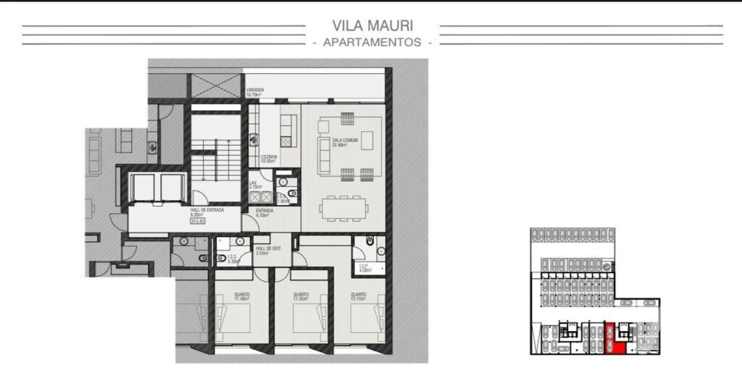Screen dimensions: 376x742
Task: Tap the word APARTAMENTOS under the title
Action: click(372, 43)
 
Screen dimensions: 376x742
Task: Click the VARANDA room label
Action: click(255, 92)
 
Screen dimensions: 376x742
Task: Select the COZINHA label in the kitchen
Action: click(269, 159)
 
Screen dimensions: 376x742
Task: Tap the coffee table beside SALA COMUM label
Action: click(368, 140)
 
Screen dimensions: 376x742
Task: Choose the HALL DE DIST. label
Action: click(268, 251)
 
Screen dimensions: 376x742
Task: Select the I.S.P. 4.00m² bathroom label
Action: click(364, 267)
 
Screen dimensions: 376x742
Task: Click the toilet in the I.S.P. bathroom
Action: click(370, 241)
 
